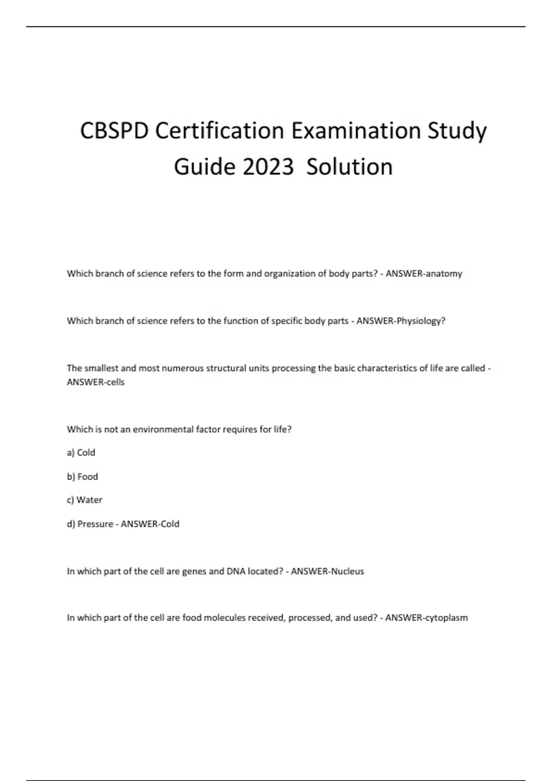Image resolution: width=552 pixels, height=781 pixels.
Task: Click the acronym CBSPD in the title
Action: point(114,131)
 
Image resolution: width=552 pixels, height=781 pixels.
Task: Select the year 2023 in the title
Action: point(268,167)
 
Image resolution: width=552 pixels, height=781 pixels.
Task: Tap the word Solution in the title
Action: point(350,167)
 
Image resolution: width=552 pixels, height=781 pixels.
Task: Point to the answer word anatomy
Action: point(444,274)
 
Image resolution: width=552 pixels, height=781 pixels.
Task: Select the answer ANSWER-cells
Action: point(96,382)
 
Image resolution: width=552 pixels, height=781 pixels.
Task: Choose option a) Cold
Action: point(81,453)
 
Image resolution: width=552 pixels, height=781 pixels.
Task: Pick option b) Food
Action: point(83,476)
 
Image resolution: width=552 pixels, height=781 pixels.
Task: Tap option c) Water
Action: point(85,500)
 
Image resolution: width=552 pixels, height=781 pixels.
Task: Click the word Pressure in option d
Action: point(95,524)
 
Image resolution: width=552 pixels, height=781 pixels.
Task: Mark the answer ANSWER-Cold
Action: point(150,524)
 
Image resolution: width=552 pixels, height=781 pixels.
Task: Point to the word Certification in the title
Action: point(220,131)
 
